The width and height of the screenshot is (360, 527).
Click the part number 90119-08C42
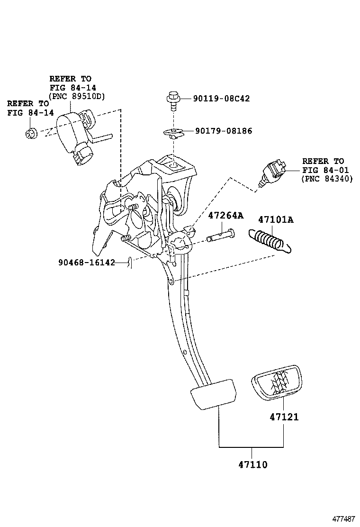coord(221,99)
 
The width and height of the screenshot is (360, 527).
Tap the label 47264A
coord(226,216)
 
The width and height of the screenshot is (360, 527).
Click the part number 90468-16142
coord(87,262)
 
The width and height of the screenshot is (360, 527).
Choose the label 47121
coord(284,417)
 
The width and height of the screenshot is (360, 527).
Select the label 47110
coord(252,465)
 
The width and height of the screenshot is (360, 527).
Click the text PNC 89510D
coord(77,96)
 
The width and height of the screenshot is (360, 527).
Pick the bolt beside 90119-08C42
coord(173,100)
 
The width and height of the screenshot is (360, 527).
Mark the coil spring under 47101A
coord(268,238)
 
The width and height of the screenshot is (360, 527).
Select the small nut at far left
coord(31,134)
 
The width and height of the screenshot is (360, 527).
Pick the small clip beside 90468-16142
coord(129,262)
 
